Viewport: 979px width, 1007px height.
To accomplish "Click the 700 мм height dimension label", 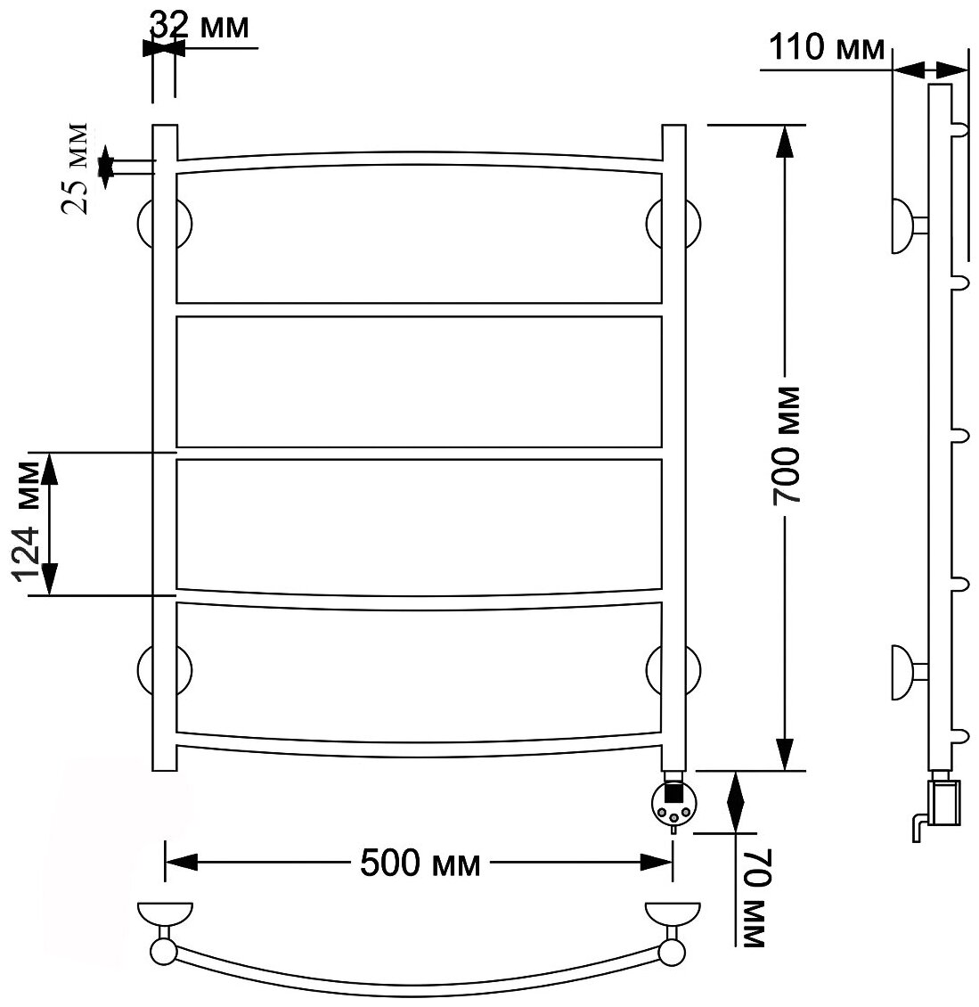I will coord(787,446).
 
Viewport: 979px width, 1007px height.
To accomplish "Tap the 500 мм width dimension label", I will coord(420,862).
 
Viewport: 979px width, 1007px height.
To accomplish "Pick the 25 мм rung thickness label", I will coord(78,169).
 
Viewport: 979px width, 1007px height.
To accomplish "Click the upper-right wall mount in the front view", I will coord(673,224).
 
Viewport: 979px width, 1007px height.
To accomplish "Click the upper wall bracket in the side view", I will coord(907,225).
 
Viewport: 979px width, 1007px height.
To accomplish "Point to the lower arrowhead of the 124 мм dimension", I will coord(51,579).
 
